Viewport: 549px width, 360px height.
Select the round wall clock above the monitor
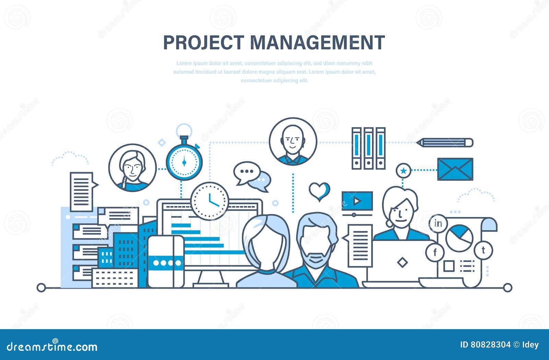pos(210,201)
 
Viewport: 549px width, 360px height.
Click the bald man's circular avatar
pos(293,142)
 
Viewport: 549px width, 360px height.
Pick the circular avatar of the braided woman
pos(132,168)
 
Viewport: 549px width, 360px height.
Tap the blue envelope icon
pos(455,169)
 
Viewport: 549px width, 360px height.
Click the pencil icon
pos(445,143)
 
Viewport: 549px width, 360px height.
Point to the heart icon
pos(319,191)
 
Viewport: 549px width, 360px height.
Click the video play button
pos(357,201)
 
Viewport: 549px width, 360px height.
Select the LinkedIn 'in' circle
pos(438,224)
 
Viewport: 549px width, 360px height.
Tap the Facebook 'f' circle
pos(435,253)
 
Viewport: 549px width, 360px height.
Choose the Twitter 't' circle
pos(483,250)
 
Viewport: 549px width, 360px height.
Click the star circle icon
pos(404,170)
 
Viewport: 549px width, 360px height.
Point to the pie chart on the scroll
pos(459,238)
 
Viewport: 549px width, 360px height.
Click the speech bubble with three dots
pos(246,172)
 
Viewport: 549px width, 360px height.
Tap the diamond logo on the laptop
pos(402,263)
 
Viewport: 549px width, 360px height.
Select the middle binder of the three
pos(369,148)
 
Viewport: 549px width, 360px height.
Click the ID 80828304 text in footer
pos(485,345)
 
